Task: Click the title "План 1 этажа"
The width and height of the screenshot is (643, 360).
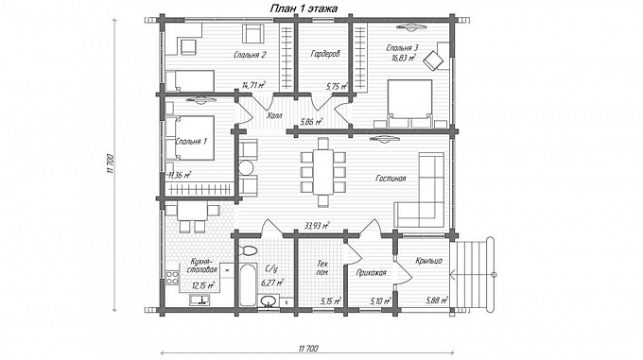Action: pos(304,9)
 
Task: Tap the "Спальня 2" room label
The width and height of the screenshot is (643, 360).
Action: pos(251,55)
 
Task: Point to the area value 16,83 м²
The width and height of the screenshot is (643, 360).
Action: pos(404,59)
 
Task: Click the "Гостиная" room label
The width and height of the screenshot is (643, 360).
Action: pos(391,179)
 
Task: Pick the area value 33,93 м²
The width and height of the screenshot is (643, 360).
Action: pos(318,225)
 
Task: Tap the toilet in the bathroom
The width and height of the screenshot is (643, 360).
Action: pos(249,250)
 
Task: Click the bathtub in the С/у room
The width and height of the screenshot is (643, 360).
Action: pos(248,285)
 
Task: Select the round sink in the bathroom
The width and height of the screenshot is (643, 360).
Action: pos(269,301)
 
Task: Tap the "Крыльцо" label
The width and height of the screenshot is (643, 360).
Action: pos(428,261)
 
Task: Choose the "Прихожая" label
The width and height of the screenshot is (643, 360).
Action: pos(371,272)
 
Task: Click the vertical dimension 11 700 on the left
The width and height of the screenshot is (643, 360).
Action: pos(109,164)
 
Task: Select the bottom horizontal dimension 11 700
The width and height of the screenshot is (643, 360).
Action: pos(306,349)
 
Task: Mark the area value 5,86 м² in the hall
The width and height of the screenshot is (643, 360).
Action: pos(311,122)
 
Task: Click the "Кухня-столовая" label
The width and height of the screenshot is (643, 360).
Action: pos(201,266)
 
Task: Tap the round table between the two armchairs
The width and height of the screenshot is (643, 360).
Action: pos(247,168)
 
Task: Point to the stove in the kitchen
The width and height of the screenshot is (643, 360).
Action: pos(172,278)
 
